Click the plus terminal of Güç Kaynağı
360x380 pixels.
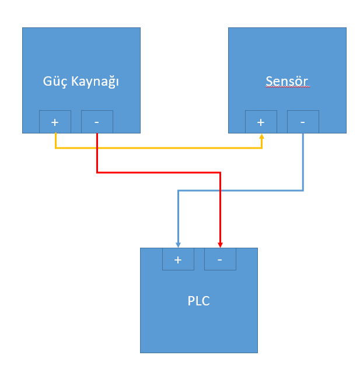[55, 122]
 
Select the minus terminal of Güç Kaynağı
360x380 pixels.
[96, 122]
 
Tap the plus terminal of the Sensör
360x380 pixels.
[261, 122]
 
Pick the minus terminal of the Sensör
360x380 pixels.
[303, 122]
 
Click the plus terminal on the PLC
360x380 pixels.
[178, 259]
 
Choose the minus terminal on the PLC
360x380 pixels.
[220, 259]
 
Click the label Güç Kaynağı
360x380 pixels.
[81, 81]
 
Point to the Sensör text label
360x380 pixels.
[286, 80]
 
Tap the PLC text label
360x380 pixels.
[198, 301]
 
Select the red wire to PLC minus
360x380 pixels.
[158, 173]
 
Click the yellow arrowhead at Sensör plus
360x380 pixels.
[261, 136]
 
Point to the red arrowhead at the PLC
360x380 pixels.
[220, 244]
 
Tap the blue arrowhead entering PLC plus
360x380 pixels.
[178, 244]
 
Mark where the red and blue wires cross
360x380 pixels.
[220, 190]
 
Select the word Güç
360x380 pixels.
[55, 82]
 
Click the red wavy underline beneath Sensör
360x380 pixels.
[286, 87]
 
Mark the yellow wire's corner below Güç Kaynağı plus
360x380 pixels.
[55, 148]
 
